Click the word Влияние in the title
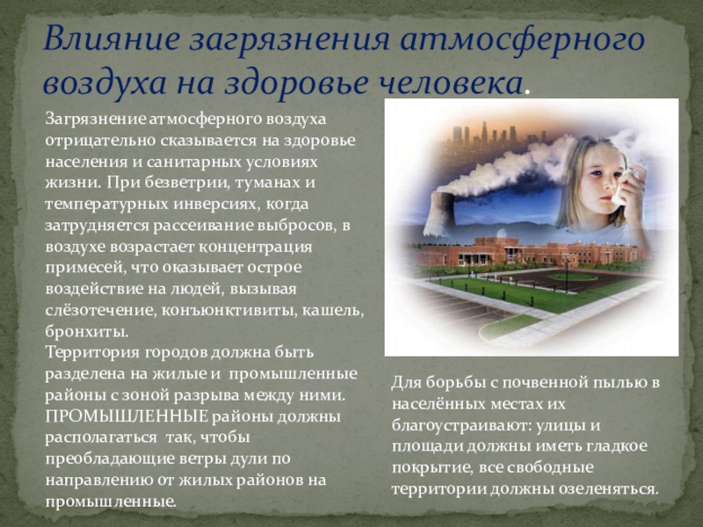(112, 39)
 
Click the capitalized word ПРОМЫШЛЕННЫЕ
(127, 416)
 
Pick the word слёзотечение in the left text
(99, 310)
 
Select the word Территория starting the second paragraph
(92, 353)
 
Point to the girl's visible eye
(596, 173)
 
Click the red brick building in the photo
(529, 253)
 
